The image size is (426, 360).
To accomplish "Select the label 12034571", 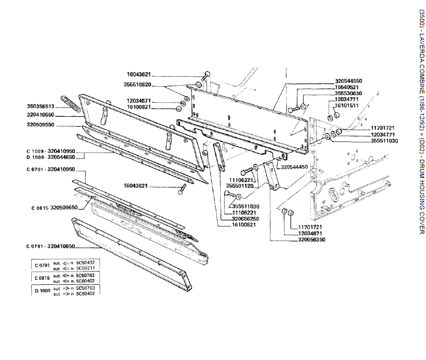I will point(138,100).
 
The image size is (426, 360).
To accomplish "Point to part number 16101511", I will point(346,105).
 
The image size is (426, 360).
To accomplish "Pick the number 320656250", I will point(248,219).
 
